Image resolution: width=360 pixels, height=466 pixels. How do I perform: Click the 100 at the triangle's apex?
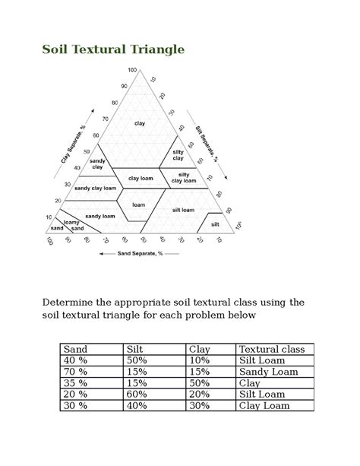click(132, 70)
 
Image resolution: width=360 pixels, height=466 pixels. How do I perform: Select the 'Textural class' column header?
click(271, 349)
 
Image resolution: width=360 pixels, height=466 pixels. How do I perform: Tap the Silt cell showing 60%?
click(138, 395)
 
